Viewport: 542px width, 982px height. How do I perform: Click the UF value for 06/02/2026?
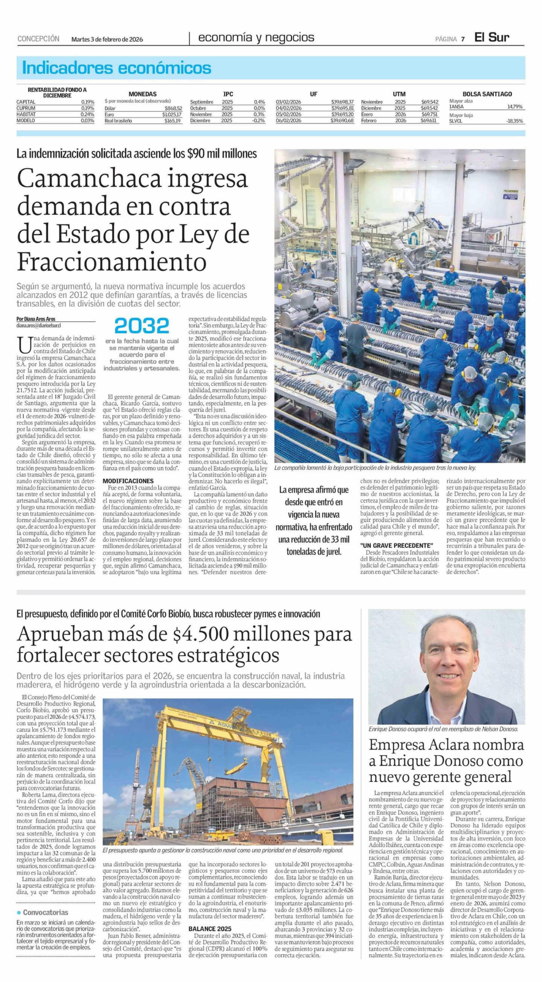343,120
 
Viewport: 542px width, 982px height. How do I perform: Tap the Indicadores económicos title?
117,68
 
